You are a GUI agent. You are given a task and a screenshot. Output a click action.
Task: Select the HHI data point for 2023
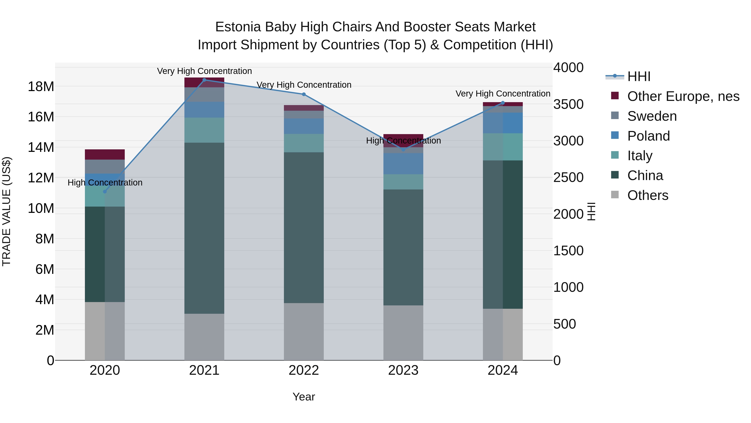(403, 150)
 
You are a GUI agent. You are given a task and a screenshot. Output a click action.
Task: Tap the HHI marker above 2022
(304, 94)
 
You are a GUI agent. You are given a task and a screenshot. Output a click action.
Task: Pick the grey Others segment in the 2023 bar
(403, 333)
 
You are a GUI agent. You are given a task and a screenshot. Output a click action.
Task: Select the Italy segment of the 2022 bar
(304, 143)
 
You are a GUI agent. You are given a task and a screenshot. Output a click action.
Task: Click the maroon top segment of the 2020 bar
(105, 154)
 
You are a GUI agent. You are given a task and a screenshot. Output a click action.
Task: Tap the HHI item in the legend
(639, 76)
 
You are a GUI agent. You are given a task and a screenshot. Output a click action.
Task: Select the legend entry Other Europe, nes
(683, 96)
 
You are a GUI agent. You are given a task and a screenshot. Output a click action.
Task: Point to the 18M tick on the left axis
(41, 87)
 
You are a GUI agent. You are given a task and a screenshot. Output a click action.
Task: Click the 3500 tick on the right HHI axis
(568, 104)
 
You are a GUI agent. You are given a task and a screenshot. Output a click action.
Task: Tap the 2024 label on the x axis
(503, 370)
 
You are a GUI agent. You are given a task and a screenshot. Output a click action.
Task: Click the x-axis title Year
(304, 397)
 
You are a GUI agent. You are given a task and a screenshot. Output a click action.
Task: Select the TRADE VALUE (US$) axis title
(6, 211)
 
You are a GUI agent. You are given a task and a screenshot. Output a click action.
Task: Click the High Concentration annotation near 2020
(105, 183)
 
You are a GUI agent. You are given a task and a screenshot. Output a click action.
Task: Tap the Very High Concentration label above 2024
(503, 94)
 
